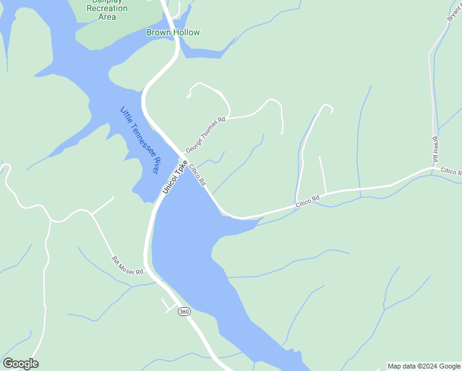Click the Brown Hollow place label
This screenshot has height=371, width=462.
[x=173, y=32]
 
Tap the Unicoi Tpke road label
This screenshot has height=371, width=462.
[x=174, y=178]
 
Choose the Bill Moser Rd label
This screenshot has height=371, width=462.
[x=127, y=265]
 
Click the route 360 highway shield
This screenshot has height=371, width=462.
[x=184, y=312]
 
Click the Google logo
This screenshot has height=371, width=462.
[x=20, y=364]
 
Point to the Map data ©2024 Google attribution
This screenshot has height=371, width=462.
[x=424, y=367]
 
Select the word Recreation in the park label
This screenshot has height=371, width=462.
[x=107, y=9]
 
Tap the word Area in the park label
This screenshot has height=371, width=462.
[x=107, y=17]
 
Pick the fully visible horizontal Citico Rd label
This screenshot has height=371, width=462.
[x=307, y=199]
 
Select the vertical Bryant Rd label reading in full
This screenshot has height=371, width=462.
[x=435, y=146]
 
